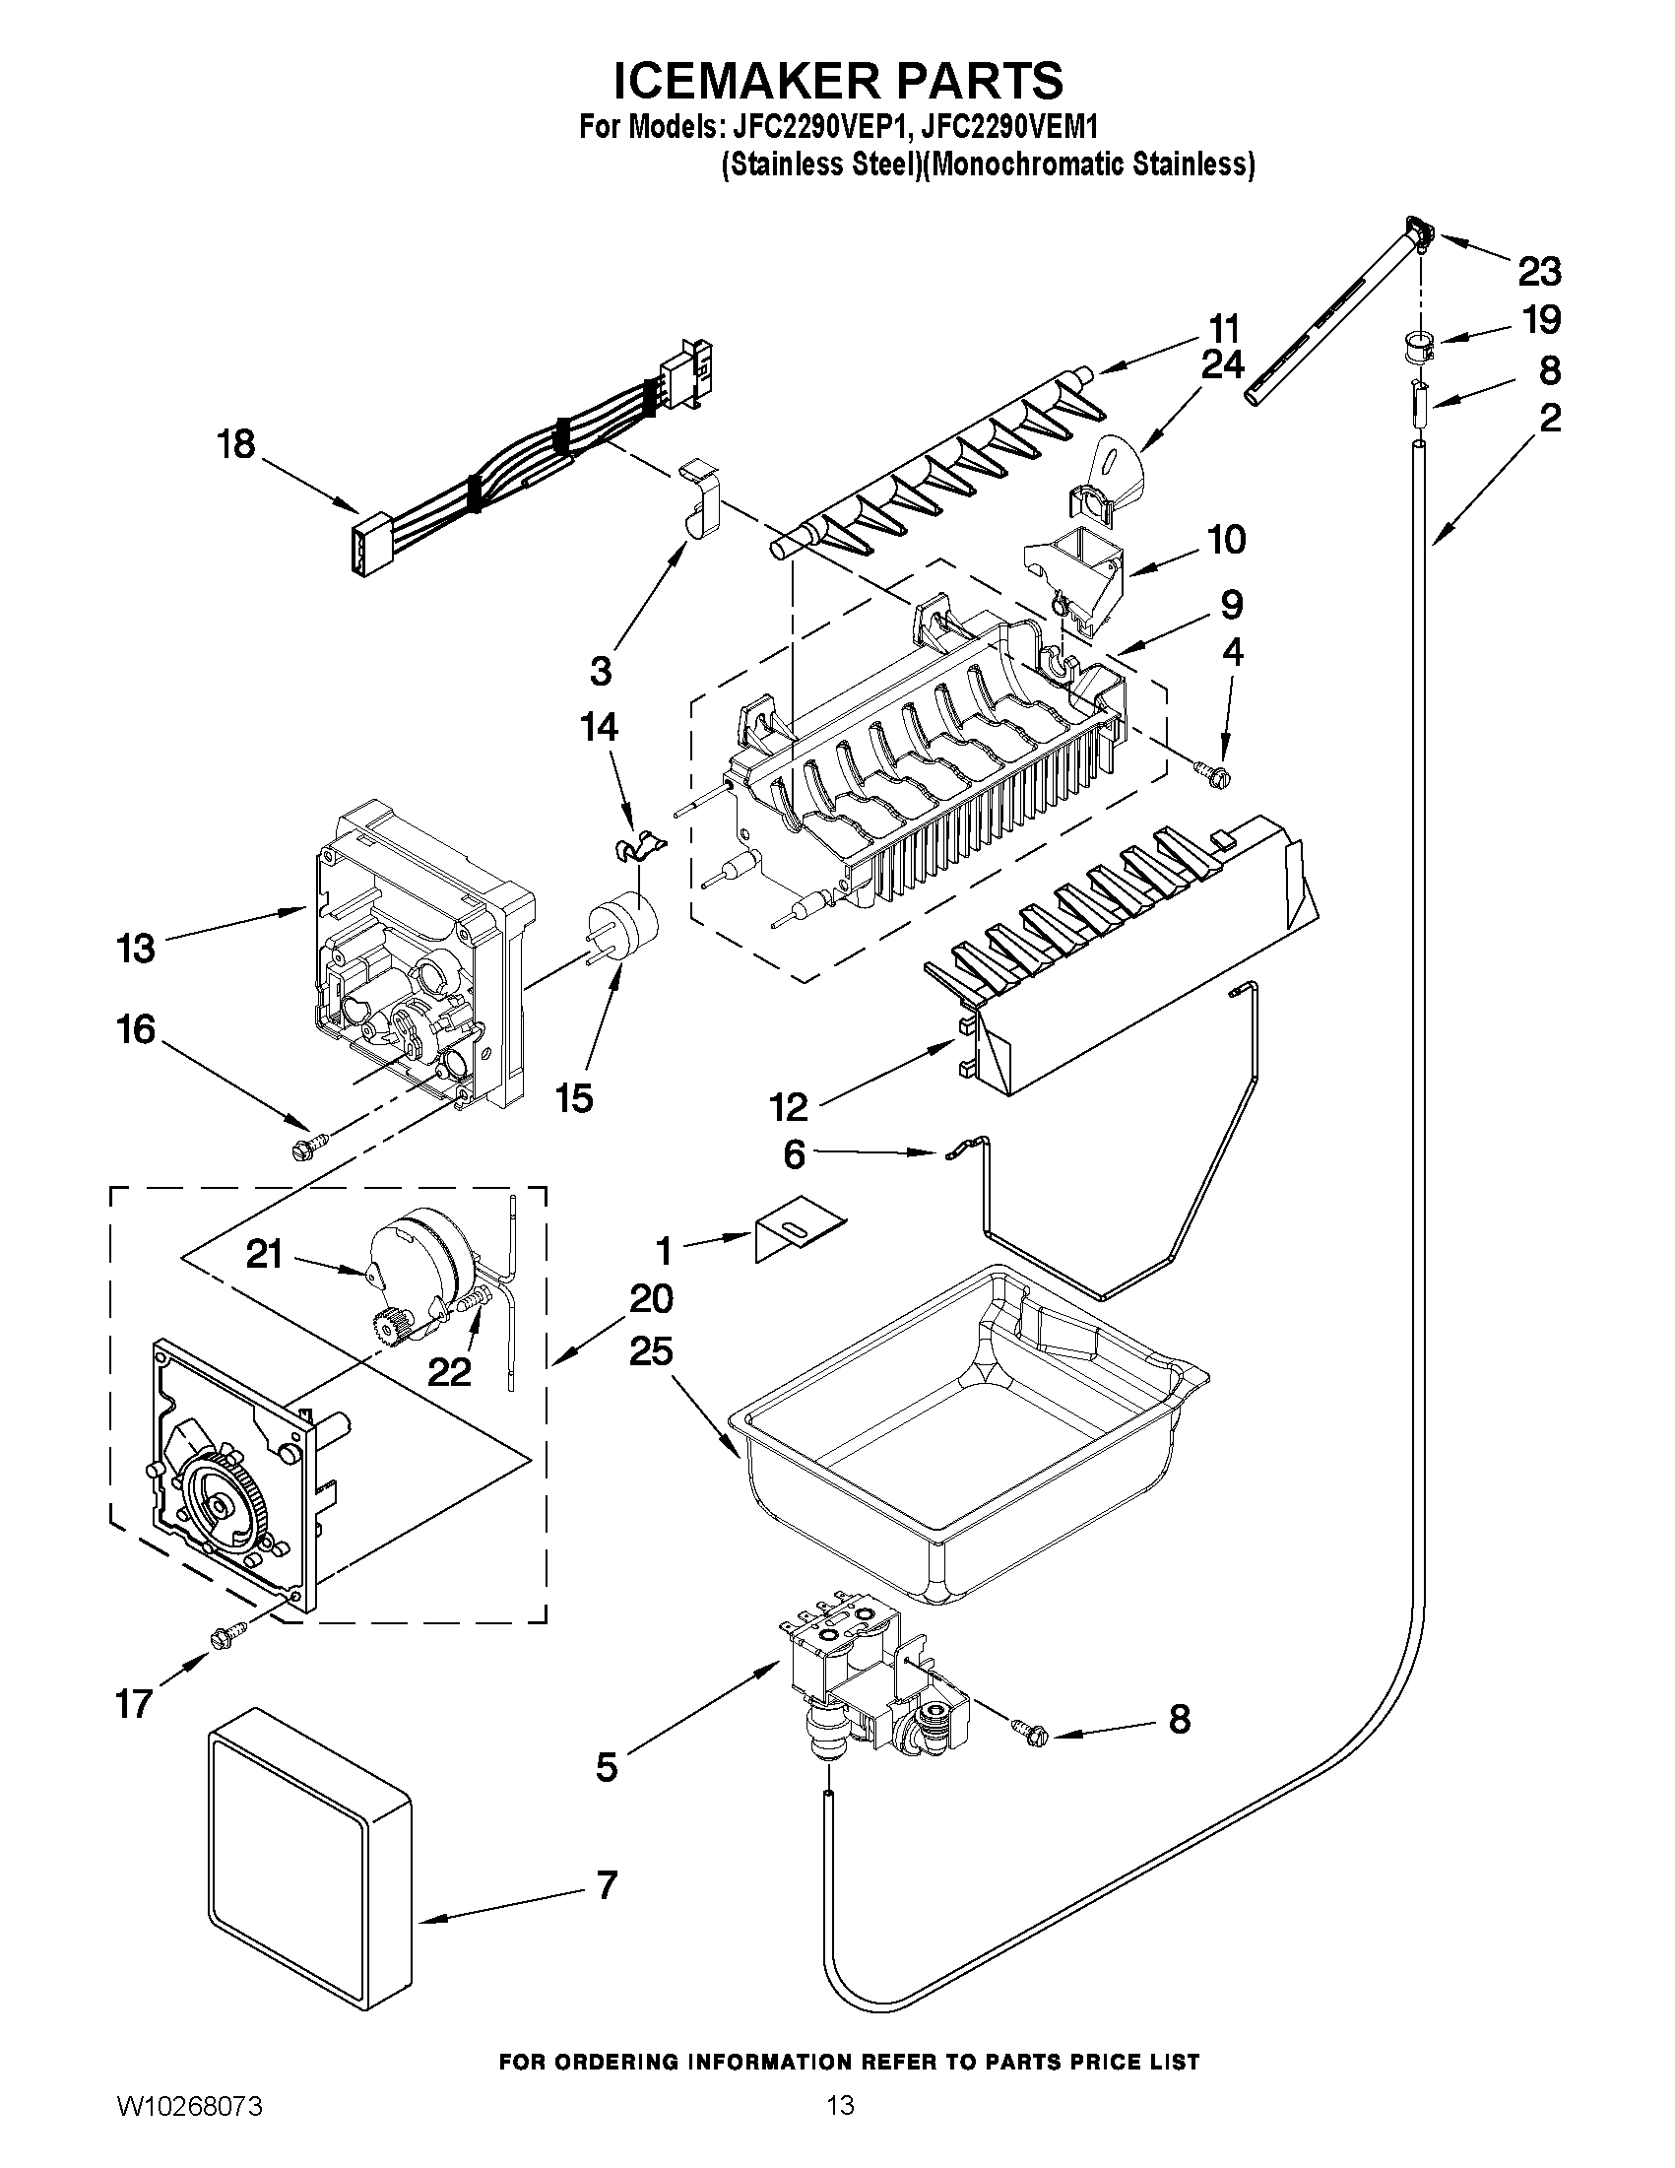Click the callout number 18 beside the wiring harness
coord(236,443)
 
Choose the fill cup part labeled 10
coord(1076,568)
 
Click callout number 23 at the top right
coord(1538,270)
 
